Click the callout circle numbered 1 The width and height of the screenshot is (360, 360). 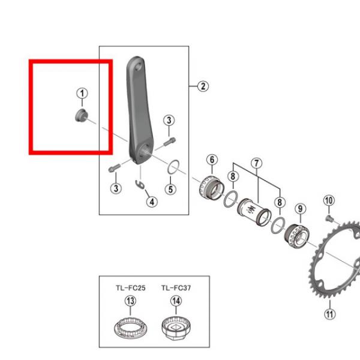pyautogui.click(x=82, y=94)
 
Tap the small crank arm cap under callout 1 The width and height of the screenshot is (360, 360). pyautogui.click(x=81, y=115)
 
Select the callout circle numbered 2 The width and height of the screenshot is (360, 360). pyautogui.click(x=203, y=86)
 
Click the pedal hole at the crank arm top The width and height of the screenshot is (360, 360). pyautogui.click(x=139, y=67)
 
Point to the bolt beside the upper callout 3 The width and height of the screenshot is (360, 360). pyautogui.click(x=169, y=142)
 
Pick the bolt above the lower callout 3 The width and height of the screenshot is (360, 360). pyautogui.click(x=115, y=168)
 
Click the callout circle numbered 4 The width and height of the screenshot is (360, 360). pyautogui.click(x=152, y=202)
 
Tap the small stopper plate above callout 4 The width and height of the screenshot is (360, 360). pyautogui.click(x=140, y=185)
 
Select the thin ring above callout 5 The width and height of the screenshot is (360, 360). pyautogui.click(x=173, y=167)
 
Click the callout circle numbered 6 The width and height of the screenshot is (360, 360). pyautogui.click(x=212, y=160)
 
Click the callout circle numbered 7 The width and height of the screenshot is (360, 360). pyautogui.click(x=256, y=163)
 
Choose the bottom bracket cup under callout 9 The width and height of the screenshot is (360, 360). pyautogui.click(x=296, y=236)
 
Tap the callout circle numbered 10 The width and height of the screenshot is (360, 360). pyautogui.click(x=329, y=200)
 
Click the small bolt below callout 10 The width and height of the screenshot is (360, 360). pyautogui.click(x=329, y=218)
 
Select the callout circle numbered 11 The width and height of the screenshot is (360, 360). pyautogui.click(x=329, y=314)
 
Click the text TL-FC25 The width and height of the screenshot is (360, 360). pyautogui.click(x=130, y=288)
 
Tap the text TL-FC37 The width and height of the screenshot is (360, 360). pyautogui.click(x=176, y=288)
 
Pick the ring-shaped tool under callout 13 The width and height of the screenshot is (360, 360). pyautogui.click(x=131, y=328)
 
